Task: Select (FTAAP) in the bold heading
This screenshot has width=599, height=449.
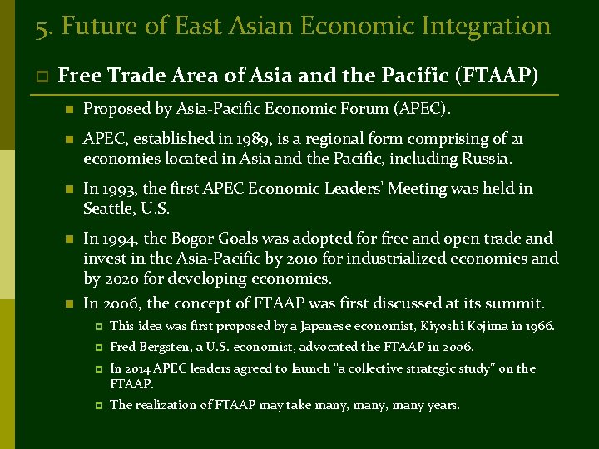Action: pos(498,76)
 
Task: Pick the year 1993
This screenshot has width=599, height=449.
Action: pos(120,189)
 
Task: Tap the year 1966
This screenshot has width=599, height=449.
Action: pos(537,327)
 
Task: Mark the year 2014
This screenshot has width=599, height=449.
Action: pos(138,368)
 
